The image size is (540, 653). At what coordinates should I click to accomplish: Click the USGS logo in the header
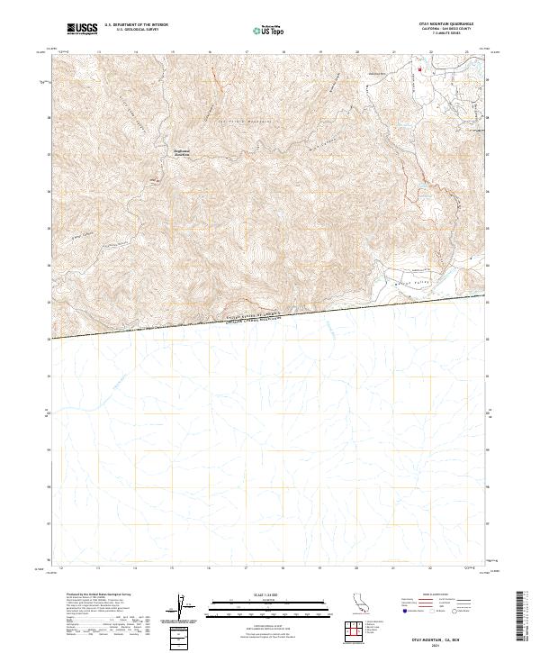coord(82,30)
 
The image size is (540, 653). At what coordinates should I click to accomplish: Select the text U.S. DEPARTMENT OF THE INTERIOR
coord(136,26)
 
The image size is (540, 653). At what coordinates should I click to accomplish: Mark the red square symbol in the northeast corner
coord(417,68)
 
